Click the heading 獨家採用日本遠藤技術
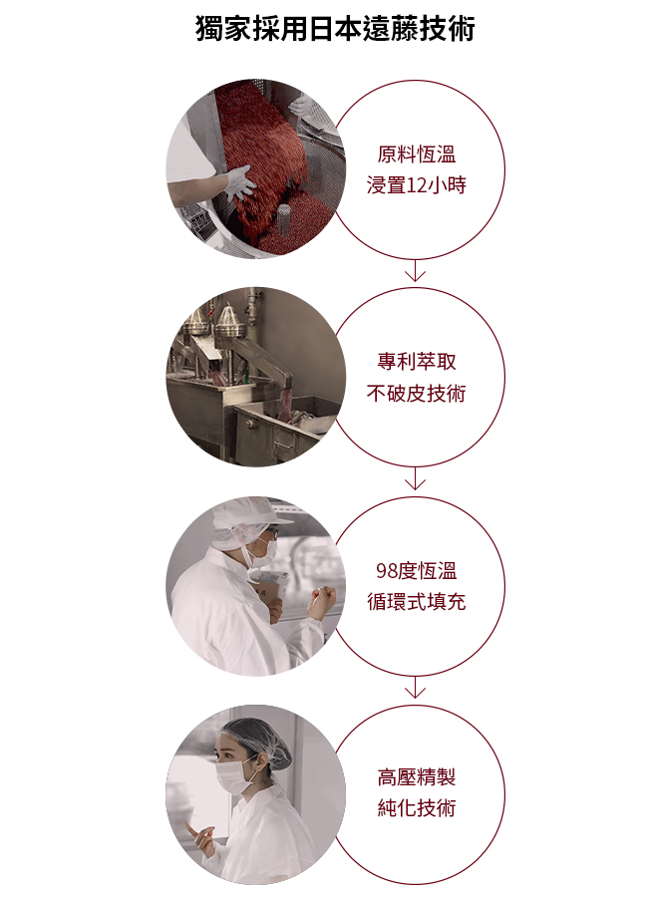(x=335, y=29)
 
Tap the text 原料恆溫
(x=416, y=154)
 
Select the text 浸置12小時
(x=416, y=185)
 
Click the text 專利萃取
(x=416, y=362)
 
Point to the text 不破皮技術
(x=416, y=393)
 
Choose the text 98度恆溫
(x=416, y=570)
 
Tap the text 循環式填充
(x=416, y=602)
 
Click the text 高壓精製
(x=416, y=776)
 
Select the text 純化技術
(x=416, y=807)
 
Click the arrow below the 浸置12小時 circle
(x=415, y=270)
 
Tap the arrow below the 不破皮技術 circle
(x=415, y=478)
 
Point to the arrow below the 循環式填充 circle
(x=415, y=687)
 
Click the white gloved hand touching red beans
(x=240, y=182)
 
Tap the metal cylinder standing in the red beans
(x=284, y=220)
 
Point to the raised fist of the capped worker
(x=321, y=601)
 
